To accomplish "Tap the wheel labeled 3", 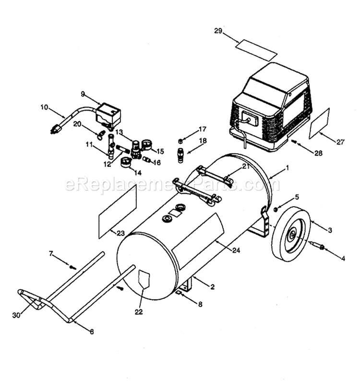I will click(x=288, y=234).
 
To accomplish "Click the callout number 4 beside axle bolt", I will click(x=343, y=258).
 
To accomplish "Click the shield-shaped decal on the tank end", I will click(x=144, y=279).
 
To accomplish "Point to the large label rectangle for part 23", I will click(x=118, y=211).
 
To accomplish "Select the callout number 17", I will click(x=189, y=129).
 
